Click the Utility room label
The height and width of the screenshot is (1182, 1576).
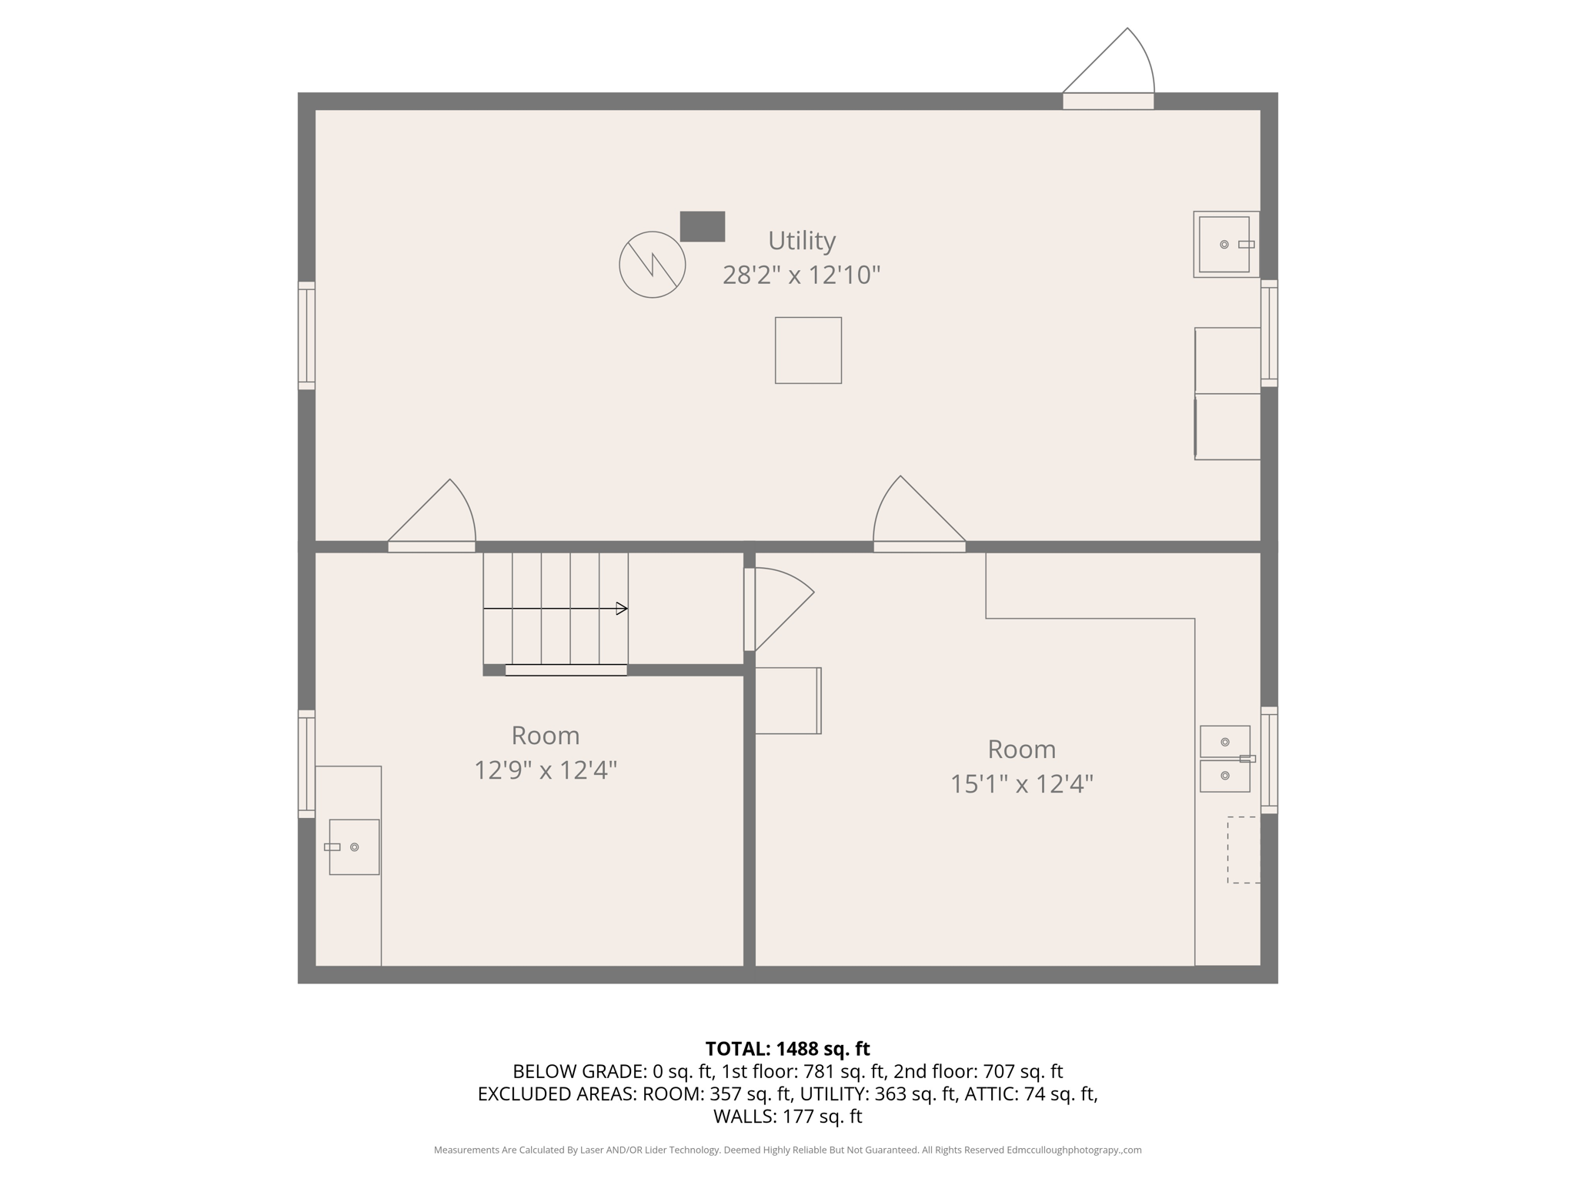coord(801,241)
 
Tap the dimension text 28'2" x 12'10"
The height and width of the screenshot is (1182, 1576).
coord(801,275)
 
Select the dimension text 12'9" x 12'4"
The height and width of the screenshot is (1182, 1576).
coord(545,770)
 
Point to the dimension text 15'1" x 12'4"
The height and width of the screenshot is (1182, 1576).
coord(1021,783)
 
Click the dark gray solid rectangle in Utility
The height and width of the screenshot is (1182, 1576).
coord(702,226)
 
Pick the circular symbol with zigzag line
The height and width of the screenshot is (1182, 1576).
coord(652,264)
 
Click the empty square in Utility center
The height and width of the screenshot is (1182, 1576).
coord(808,350)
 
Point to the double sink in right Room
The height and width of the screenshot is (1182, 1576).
coord(1225,759)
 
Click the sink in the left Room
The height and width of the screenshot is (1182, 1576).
coord(354,846)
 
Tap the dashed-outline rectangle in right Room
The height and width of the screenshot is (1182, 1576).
coord(1243,850)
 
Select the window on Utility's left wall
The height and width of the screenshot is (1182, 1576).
coord(306,336)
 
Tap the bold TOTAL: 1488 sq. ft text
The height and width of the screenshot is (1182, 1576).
coord(787,1049)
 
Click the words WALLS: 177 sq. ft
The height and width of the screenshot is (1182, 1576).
coord(787,1116)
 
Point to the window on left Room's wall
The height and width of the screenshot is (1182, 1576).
coord(306,763)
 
